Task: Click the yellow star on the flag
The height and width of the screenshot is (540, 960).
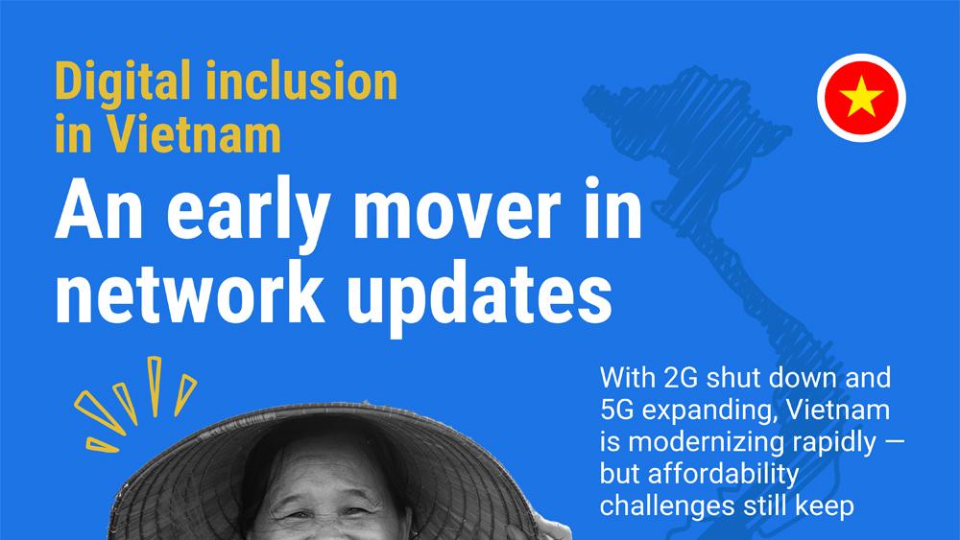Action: tap(861, 96)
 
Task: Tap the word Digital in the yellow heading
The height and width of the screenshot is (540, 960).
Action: tap(123, 82)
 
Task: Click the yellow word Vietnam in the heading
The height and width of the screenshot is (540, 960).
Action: tap(195, 133)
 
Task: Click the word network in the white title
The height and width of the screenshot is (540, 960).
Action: tap(190, 293)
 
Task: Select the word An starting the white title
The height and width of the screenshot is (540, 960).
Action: tap(99, 212)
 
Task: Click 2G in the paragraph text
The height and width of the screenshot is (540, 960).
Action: tap(681, 378)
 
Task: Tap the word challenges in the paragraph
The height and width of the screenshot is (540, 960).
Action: tap(667, 505)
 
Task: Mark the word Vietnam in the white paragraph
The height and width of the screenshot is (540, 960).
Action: tap(837, 410)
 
